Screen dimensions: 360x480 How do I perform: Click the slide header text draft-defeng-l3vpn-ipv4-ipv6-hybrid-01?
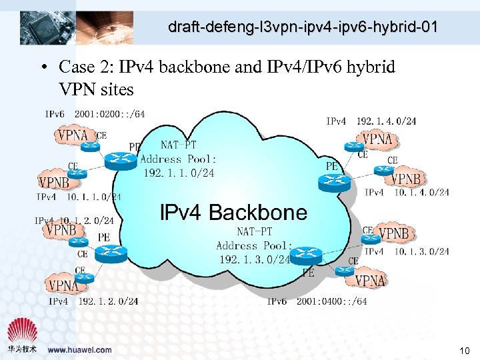(303, 27)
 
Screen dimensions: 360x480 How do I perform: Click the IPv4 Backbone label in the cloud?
(234, 213)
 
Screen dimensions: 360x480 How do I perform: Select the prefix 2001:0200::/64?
(109, 114)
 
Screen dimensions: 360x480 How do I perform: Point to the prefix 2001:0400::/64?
(331, 301)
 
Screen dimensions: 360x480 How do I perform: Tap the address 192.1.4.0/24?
(386, 121)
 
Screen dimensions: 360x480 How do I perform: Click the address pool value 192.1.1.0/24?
(179, 173)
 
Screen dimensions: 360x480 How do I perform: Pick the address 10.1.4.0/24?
(421, 193)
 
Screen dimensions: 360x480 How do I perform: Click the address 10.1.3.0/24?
(421, 251)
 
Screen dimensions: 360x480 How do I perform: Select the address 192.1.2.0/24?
(108, 301)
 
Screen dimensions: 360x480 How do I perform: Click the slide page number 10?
(464, 350)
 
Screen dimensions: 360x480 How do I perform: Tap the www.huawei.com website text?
(80, 349)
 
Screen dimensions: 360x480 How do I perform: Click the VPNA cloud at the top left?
(73, 135)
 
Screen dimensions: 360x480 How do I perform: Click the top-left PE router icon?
(120, 158)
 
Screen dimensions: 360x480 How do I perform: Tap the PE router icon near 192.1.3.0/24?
(307, 254)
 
